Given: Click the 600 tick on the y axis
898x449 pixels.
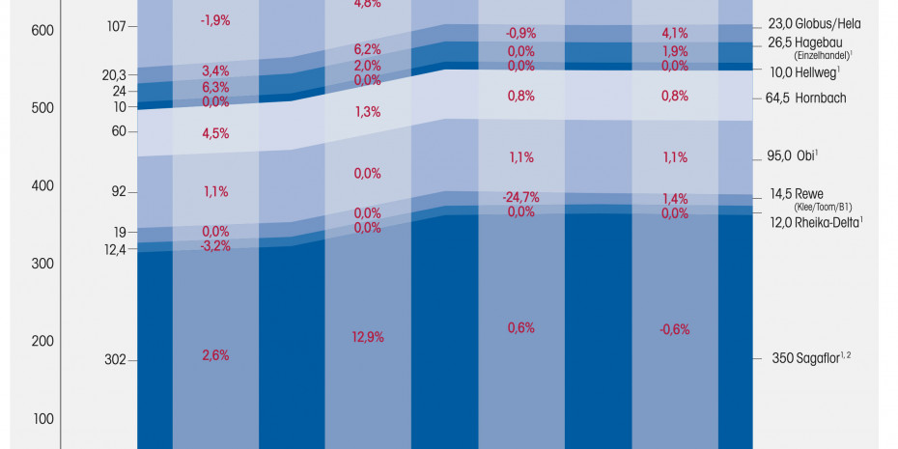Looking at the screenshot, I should [x=42, y=31].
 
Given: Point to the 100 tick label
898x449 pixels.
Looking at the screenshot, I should [x=42, y=419].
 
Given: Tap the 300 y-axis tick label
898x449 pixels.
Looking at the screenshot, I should [x=42, y=264].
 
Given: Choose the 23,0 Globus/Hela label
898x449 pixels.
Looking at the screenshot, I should [x=814, y=23].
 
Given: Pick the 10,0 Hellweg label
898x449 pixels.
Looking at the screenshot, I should [x=803, y=71].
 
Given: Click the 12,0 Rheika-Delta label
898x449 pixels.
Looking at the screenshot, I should [x=815, y=222].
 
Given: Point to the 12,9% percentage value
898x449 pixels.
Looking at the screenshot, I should [x=369, y=337].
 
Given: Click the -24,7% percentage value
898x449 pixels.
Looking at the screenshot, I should [x=519, y=197].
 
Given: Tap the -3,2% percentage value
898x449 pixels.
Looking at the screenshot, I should [x=215, y=246].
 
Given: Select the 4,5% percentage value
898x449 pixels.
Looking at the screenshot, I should [x=215, y=133].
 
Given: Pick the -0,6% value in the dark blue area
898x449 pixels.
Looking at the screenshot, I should [x=675, y=329].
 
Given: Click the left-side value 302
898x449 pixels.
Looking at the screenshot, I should [x=115, y=360].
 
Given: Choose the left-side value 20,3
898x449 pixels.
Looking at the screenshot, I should [x=113, y=75].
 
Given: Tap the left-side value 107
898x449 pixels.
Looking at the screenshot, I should [x=116, y=26].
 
